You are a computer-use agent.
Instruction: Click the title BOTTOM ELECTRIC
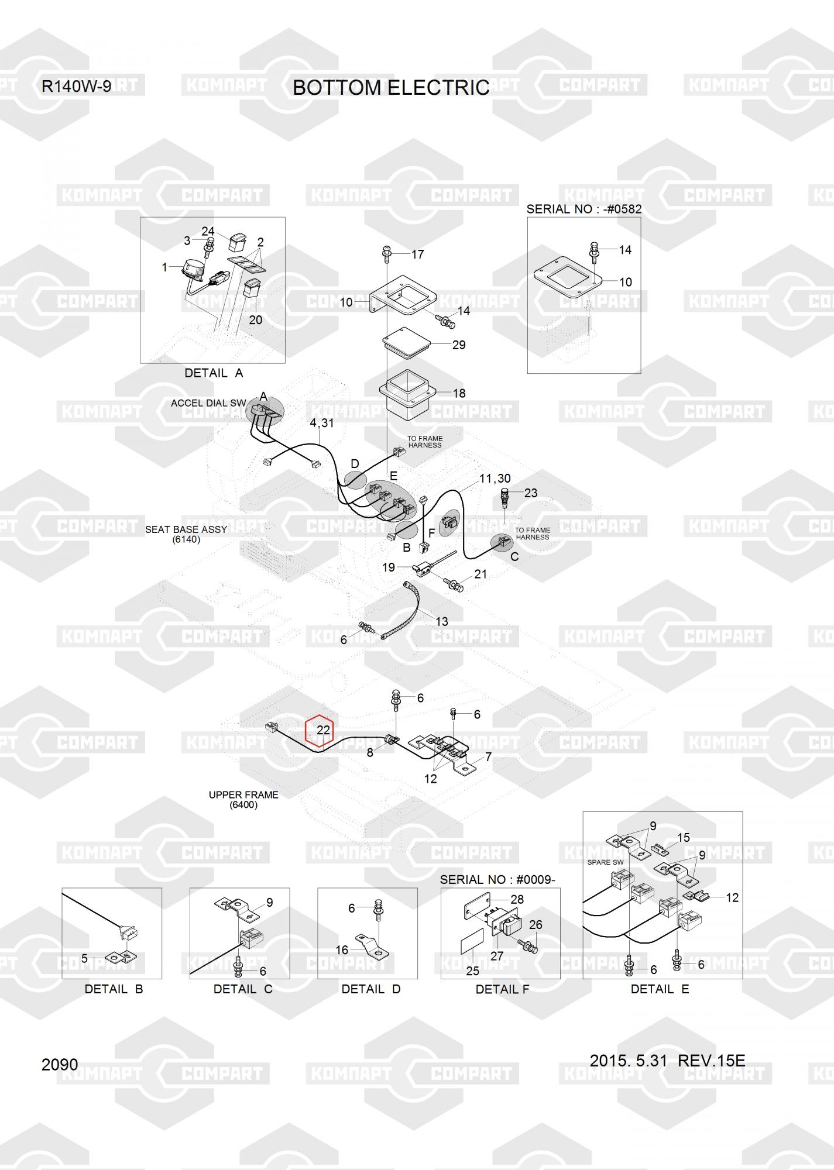[391, 88]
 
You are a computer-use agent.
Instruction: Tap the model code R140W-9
[76, 87]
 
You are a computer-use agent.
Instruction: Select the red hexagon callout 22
[320, 731]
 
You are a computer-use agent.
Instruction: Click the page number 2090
[60, 1064]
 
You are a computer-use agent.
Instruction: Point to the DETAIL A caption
[214, 373]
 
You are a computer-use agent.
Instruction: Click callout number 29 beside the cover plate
[459, 345]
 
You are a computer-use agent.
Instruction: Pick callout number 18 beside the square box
[459, 393]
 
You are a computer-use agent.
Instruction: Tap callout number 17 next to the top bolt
[417, 254]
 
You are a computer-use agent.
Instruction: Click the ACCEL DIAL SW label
[208, 403]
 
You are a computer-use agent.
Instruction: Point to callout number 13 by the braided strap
[441, 621]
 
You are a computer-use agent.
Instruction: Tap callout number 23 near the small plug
[530, 493]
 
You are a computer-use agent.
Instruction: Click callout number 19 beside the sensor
[389, 567]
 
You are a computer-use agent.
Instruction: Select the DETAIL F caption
[502, 989]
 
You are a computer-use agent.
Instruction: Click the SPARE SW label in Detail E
[605, 862]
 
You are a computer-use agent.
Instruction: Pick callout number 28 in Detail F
[517, 899]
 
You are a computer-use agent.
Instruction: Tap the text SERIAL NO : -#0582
[584, 209]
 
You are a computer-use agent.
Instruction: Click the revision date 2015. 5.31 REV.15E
[667, 1061]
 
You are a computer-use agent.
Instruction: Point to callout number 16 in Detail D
[342, 950]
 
